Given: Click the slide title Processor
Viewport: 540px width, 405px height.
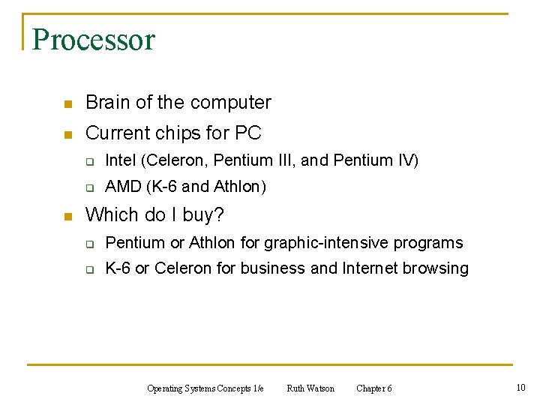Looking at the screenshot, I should point(94,39).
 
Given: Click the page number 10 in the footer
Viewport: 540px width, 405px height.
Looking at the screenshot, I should point(520,387).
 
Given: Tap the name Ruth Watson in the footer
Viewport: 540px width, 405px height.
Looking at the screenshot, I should point(310,388).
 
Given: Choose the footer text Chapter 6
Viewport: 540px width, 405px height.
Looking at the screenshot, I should point(373,388).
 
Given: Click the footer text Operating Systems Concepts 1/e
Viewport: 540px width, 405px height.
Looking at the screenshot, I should point(205,388).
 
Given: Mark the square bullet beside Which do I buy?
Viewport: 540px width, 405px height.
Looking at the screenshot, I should point(67,216).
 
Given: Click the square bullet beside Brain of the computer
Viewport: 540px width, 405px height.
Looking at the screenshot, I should point(67,103).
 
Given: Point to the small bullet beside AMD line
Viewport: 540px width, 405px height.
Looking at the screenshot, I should point(88,187).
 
